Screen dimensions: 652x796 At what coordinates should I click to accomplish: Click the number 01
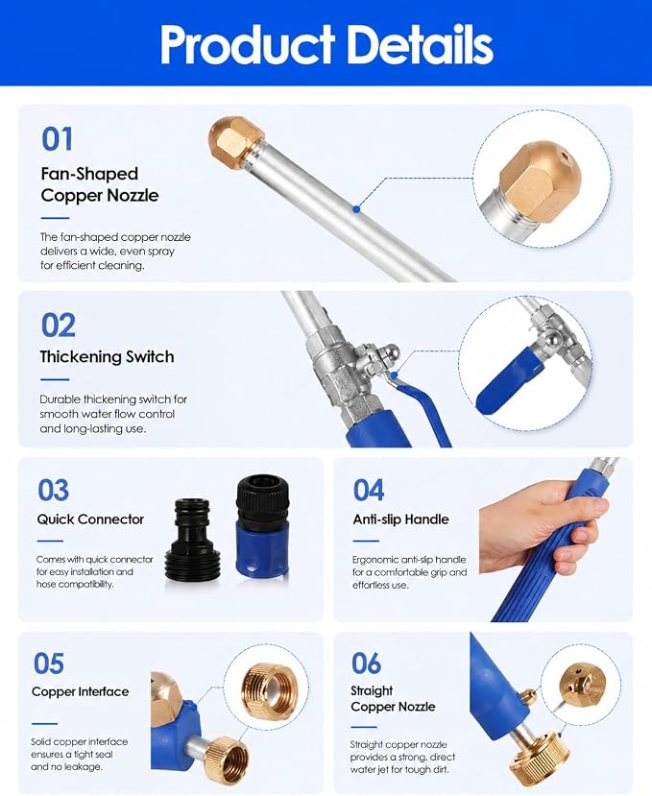[57, 139]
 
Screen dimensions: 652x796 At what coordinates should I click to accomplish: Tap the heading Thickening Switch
[108, 356]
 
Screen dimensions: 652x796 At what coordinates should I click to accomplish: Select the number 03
[54, 491]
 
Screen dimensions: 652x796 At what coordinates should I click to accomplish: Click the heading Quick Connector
[90, 519]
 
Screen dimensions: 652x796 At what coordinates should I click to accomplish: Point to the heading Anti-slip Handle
[401, 519]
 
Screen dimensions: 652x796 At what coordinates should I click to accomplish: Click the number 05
[49, 663]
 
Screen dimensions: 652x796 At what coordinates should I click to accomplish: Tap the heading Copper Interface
[81, 691]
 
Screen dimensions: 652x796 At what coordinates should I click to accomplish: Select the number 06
[366, 663]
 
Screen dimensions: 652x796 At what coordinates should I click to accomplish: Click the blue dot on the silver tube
[356, 209]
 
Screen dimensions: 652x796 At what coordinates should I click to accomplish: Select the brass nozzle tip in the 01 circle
[537, 183]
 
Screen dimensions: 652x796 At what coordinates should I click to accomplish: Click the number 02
[59, 326]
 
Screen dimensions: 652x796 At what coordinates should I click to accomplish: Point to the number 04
[369, 491]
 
